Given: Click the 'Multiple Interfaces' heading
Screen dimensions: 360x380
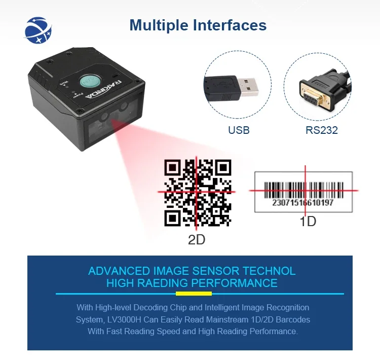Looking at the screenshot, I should [x=198, y=25].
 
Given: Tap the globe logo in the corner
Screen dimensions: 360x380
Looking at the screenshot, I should [x=39, y=30].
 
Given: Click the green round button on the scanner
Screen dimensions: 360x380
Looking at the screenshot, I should [x=88, y=81].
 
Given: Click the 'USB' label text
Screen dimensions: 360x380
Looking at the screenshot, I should [x=239, y=130].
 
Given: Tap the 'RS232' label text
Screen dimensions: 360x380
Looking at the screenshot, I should [x=321, y=130].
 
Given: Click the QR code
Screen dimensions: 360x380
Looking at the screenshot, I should [x=198, y=192].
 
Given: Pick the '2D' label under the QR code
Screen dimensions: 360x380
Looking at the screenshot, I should [x=197, y=239].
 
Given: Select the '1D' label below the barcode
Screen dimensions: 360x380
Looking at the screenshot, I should [x=308, y=222].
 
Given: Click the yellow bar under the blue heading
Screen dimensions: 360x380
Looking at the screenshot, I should [x=194, y=293].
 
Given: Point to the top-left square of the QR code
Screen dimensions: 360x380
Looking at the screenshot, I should [x=174, y=168].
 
